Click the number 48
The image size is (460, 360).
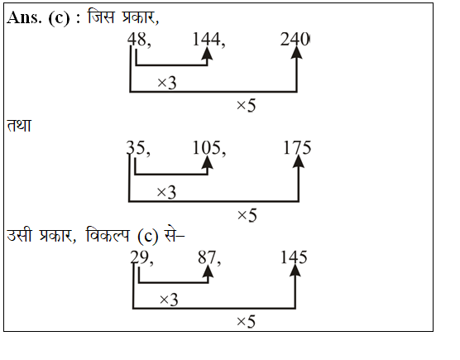coord(137,40)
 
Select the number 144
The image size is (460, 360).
coord(206,40)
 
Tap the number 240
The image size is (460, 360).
coord(295,40)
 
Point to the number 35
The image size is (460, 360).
coord(136,147)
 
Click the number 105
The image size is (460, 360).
coord(207,147)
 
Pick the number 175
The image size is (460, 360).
coord(297,147)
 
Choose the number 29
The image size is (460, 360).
coord(140,257)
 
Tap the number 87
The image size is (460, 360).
coord(207,257)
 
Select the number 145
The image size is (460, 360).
coord(294,257)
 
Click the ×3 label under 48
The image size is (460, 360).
coord(167,83)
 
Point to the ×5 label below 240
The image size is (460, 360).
coord(247,106)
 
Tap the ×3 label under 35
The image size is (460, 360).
coord(166,193)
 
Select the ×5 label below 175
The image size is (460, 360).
coord(247,216)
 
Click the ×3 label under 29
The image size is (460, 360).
coord(169,300)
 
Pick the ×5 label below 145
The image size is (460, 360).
coord(246,322)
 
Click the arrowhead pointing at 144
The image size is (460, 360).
coord(208,53)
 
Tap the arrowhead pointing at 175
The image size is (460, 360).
coord(299,161)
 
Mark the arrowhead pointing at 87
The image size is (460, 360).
coord(208,271)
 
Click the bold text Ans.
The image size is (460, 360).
coord(24,17)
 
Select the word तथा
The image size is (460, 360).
coord(19,125)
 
